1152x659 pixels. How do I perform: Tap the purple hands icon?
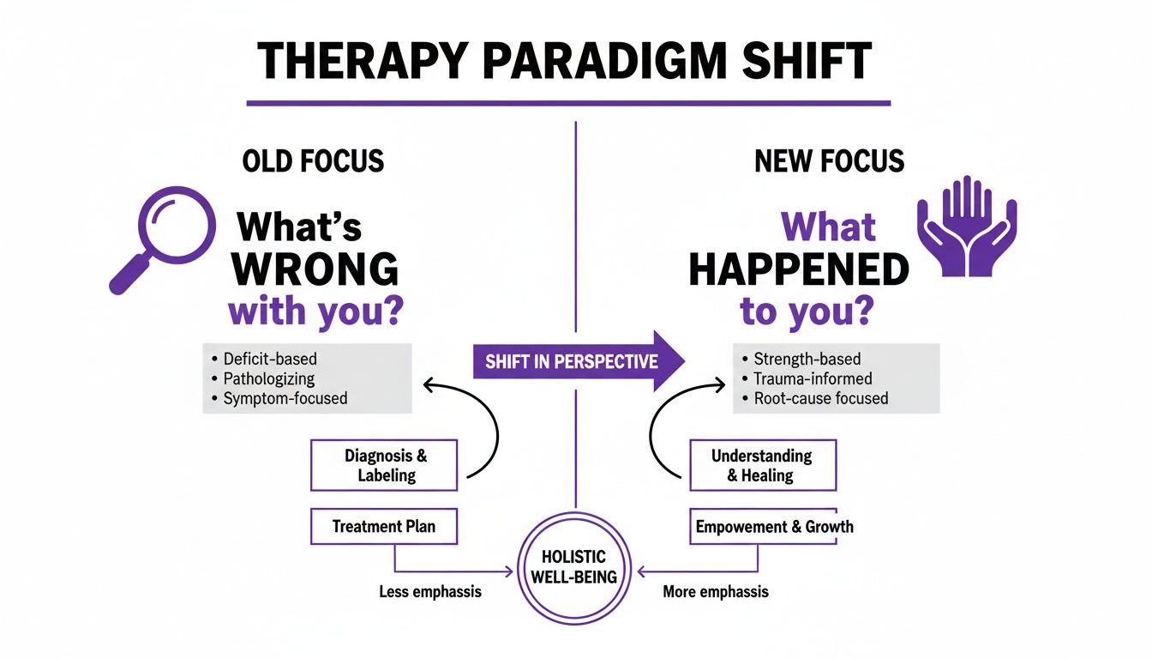[967, 227]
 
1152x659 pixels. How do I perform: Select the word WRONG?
[315, 269]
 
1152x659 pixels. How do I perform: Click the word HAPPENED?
[798, 270]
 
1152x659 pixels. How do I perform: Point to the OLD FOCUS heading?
[313, 161]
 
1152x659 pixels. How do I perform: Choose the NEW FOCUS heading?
[829, 161]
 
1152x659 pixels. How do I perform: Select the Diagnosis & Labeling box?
[384, 465]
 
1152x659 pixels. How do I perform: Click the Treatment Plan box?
[383, 526]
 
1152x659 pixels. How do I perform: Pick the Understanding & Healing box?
[762, 465]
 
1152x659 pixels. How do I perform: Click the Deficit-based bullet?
[270, 359]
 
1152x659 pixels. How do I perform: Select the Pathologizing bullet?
[269, 378]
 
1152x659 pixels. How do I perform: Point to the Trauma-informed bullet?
[813, 378]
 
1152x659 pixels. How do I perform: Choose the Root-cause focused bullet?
[820, 398]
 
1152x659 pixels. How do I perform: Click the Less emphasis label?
[429, 592]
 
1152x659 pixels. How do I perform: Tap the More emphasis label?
[716, 592]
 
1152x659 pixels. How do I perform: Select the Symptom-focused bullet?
[285, 398]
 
